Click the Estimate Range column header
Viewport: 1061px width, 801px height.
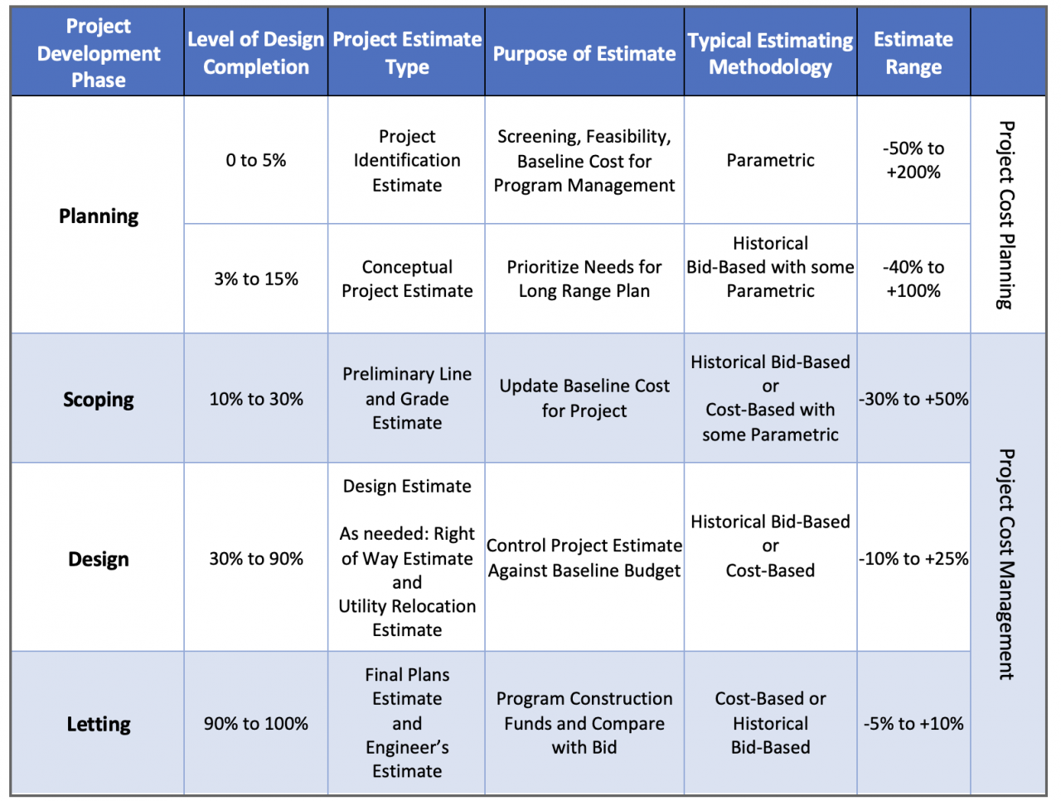click(913, 52)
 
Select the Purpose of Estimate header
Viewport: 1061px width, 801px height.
click(584, 54)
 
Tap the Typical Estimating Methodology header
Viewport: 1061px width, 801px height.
click(770, 53)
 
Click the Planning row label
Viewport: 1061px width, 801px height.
click(99, 216)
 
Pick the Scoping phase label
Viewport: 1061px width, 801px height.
click(99, 399)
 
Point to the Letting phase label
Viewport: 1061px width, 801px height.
click(99, 724)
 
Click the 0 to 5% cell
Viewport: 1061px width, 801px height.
click(256, 160)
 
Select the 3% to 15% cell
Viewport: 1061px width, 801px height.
click(256, 279)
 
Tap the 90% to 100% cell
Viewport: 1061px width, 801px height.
click(256, 723)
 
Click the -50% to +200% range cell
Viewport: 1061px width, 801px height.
click(913, 160)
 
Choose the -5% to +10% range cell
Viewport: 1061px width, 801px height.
click(913, 723)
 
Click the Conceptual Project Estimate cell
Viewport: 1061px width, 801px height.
click(407, 279)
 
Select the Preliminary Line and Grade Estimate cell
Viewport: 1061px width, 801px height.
click(407, 398)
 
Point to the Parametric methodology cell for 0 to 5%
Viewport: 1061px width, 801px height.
click(770, 160)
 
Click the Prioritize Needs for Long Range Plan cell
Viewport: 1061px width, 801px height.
click(584, 279)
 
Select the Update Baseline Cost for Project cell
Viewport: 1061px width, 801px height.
click(584, 398)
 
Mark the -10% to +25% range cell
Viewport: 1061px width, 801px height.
click(913, 558)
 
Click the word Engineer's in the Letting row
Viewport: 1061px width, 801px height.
click(407, 747)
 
